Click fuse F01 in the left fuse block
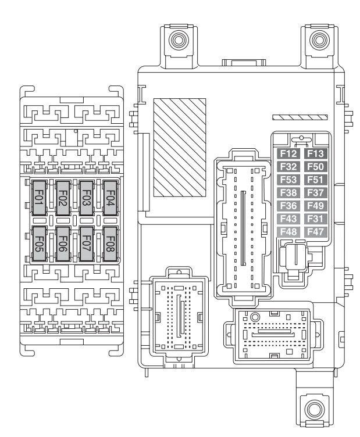(40, 198)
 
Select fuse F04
(111, 198)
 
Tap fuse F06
(63, 244)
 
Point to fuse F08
(111, 244)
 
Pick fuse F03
(87, 198)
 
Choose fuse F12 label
(288, 153)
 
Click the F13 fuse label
(315, 153)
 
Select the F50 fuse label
(315, 167)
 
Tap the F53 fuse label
(288, 180)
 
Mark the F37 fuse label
(315, 192)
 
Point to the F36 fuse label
(288, 206)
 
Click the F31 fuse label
(315, 218)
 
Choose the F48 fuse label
(288, 232)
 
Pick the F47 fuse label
(315, 232)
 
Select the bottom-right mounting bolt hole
(315, 410)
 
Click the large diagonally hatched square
(180, 148)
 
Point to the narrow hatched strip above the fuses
(300, 117)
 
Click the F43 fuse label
(288, 218)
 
